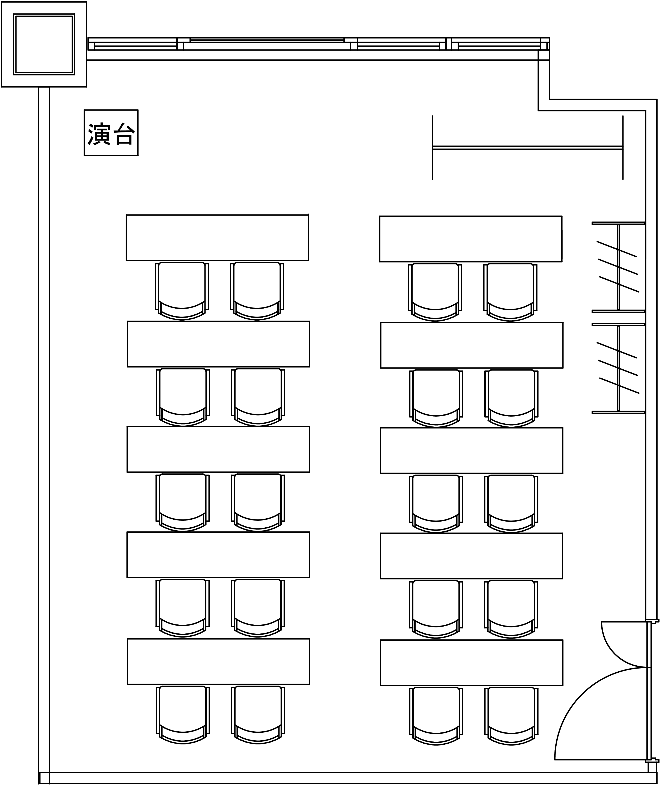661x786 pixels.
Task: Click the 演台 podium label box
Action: (111, 133)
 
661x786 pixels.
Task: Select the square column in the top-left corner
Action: (44, 44)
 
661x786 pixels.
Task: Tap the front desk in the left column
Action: (217, 237)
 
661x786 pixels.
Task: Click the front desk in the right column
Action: (471, 239)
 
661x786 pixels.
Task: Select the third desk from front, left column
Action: (218, 449)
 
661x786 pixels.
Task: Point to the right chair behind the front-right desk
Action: (510, 292)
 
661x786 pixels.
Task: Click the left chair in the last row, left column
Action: (183, 715)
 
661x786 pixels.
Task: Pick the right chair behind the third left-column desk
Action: (258, 503)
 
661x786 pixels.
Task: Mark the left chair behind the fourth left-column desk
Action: (183, 608)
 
